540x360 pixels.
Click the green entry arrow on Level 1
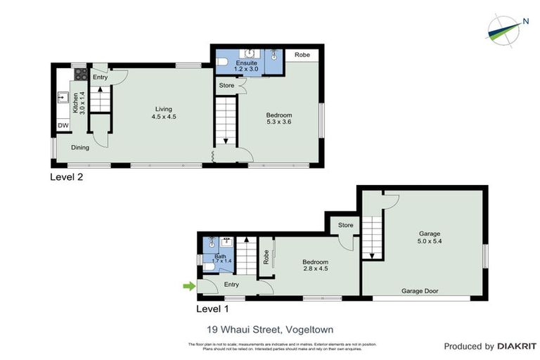pyautogui.click(x=188, y=285)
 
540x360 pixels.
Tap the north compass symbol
pyautogui.click(x=506, y=29)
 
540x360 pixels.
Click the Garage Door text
pyautogui.click(x=421, y=290)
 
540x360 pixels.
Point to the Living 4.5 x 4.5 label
pyautogui.click(x=164, y=112)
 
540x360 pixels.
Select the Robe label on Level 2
pyautogui.click(x=302, y=54)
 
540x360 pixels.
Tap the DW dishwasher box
pyautogui.click(x=63, y=126)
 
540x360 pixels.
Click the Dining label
pyautogui.click(x=79, y=148)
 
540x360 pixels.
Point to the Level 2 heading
pyautogui.click(x=66, y=177)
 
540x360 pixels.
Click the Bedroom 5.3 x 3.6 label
pyautogui.click(x=278, y=119)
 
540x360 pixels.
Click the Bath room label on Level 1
pyautogui.click(x=220, y=258)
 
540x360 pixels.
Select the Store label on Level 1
pyautogui.click(x=345, y=226)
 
